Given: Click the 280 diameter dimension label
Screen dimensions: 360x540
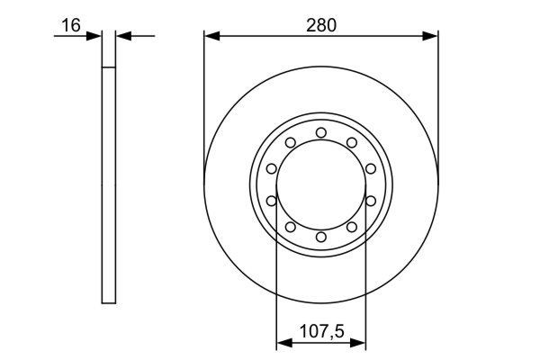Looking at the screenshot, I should pyautogui.click(x=320, y=24).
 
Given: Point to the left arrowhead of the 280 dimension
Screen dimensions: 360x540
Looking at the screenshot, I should pyautogui.click(x=211, y=36).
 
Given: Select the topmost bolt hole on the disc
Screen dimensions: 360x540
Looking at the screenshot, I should pyautogui.click(x=321, y=133).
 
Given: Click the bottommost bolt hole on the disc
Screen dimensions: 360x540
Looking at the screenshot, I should pyautogui.click(x=321, y=236).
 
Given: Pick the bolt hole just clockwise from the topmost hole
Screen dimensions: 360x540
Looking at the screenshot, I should pyautogui.click(x=351, y=142).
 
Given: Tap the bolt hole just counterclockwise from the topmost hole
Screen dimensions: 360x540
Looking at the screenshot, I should pyautogui.click(x=291, y=142).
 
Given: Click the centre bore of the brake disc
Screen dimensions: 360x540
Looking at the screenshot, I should pyautogui.click(x=321, y=184).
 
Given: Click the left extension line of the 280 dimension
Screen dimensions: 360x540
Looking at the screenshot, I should pyautogui.click(x=204, y=90).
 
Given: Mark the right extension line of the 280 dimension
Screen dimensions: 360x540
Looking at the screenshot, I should pyautogui.click(x=437, y=90).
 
